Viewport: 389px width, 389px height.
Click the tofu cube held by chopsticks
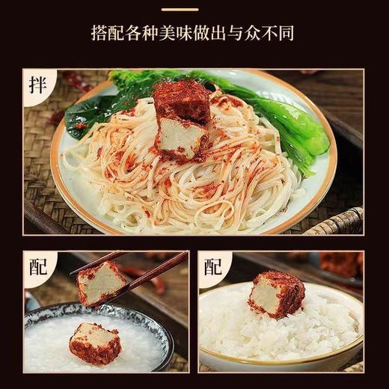tap(101, 284)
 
